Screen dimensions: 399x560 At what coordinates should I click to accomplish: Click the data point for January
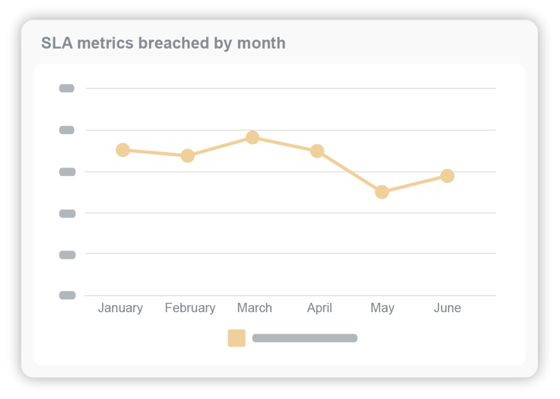(x=123, y=150)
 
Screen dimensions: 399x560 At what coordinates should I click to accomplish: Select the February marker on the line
(x=188, y=156)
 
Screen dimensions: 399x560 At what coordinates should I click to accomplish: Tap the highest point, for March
(x=252, y=137)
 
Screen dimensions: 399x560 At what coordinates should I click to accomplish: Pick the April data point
(x=317, y=151)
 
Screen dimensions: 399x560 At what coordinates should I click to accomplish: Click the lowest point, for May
(x=382, y=192)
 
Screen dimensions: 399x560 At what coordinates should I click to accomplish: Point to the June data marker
(x=447, y=176)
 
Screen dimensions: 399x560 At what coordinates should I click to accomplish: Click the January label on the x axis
(x=120, y=308)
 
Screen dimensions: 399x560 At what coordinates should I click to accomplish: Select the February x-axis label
(x=190, y=308)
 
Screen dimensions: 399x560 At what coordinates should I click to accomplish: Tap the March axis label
(x=254, y=308)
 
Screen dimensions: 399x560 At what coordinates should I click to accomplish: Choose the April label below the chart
(x=319, y=308)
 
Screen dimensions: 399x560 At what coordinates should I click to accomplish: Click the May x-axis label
(x=382, y=308)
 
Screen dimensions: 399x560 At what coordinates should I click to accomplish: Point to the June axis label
(x=447, y=308)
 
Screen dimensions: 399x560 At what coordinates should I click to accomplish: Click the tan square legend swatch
(x=237, y=338)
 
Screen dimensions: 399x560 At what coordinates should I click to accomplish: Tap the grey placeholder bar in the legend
(x=305, y=338)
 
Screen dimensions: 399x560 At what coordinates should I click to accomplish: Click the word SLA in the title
(x=57, y=43)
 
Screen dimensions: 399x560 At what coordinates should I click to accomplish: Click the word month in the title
(x=261, y=43)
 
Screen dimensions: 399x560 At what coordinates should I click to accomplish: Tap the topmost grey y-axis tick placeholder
(x=67, y=89)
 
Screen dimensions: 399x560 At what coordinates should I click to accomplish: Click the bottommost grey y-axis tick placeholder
(x=67, y=295)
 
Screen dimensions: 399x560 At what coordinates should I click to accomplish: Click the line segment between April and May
(x=349, y=172)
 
